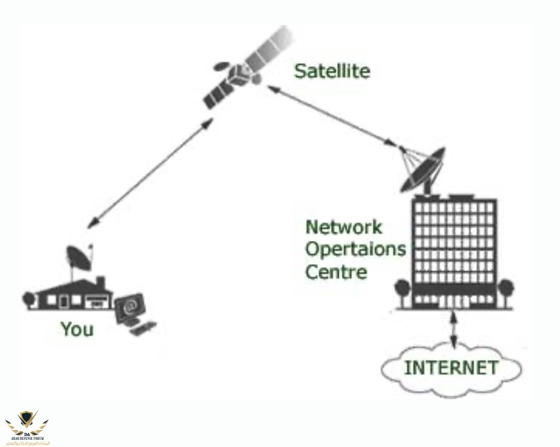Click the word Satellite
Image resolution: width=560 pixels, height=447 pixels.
coord(331,71)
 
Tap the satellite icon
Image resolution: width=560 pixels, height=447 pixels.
coord(239,74)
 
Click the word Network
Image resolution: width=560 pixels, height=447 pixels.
coord(343,227)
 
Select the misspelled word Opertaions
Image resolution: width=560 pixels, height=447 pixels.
coord(355,249)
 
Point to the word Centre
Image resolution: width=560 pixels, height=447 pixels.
coord(335,271)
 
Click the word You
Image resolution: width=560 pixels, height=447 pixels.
coord(77,329)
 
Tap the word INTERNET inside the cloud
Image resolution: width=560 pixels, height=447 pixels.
coord(451,367)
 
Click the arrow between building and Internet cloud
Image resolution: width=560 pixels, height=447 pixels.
coord(452,331)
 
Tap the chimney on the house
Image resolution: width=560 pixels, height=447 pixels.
coord(100,281)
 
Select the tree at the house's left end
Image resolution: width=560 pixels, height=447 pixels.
coord(27,298)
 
